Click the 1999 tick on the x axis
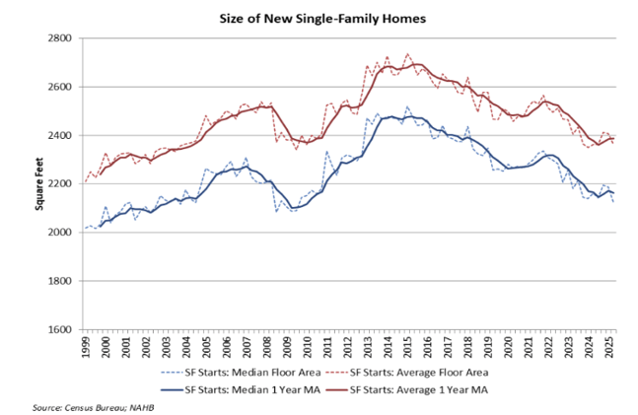(86, 347)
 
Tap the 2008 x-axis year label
(268, 347)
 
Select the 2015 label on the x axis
(410, 347)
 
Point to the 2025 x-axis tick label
(612, 347)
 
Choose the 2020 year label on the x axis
(511, 347)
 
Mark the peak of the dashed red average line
(408, 54)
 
